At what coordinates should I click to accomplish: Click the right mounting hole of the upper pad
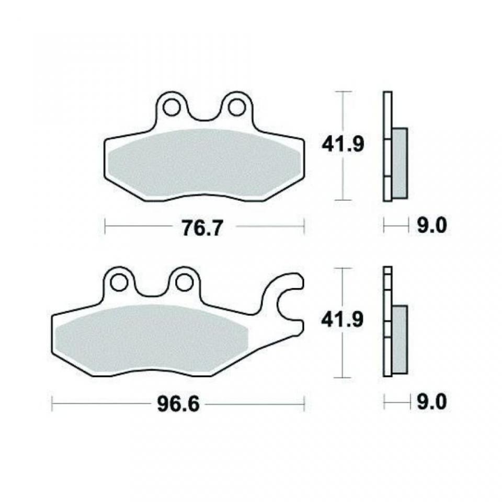(x=233, y=108)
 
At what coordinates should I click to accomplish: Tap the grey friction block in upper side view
(x=400, y=163)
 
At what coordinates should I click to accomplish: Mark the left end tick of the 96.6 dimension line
(x=54, y=403)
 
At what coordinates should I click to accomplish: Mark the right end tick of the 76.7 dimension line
(x=304, y=227)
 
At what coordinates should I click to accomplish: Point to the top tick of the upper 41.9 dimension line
(x=342, y=92)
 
